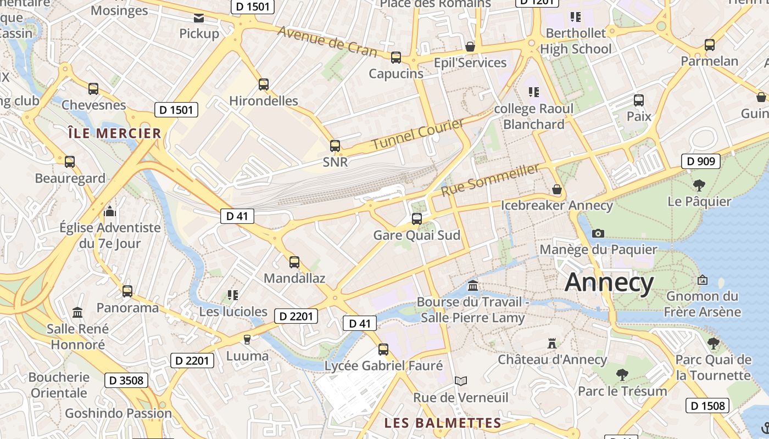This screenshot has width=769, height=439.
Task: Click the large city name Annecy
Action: click(x=609, y=283)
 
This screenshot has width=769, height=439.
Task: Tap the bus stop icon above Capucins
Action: click(x=395, y=57)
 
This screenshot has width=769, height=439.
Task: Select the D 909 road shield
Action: click(x=700, y=161)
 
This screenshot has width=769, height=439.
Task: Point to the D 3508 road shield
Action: click(x=126, y=380)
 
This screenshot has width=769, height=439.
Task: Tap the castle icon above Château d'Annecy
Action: click(x=552, y=344)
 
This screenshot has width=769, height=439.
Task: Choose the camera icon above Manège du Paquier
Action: click(x=598, y=233)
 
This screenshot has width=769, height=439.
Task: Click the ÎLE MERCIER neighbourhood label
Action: click(x=114, y=133)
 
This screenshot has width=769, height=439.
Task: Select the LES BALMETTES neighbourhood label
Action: click(x=443, y=423)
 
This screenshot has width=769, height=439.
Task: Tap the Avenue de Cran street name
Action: click(x=327, y=41)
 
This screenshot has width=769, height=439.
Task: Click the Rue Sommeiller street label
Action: click(x=490, y=180)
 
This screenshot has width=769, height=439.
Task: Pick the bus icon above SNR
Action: click(x=335, y=146)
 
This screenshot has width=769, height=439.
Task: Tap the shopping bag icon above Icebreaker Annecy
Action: click(x=557, y=189)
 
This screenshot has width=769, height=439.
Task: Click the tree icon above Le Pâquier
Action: click(x=699, y=185)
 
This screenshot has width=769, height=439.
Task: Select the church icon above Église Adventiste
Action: click(x=110, y=211)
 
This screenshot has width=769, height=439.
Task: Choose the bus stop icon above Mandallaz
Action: click(x=294, y=262)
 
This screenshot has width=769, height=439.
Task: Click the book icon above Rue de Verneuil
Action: click(x=461, y=381)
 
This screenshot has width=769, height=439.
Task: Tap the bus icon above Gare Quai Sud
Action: click(x=417, y=219)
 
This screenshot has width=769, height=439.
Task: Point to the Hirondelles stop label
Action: click(x=264, y=101)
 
